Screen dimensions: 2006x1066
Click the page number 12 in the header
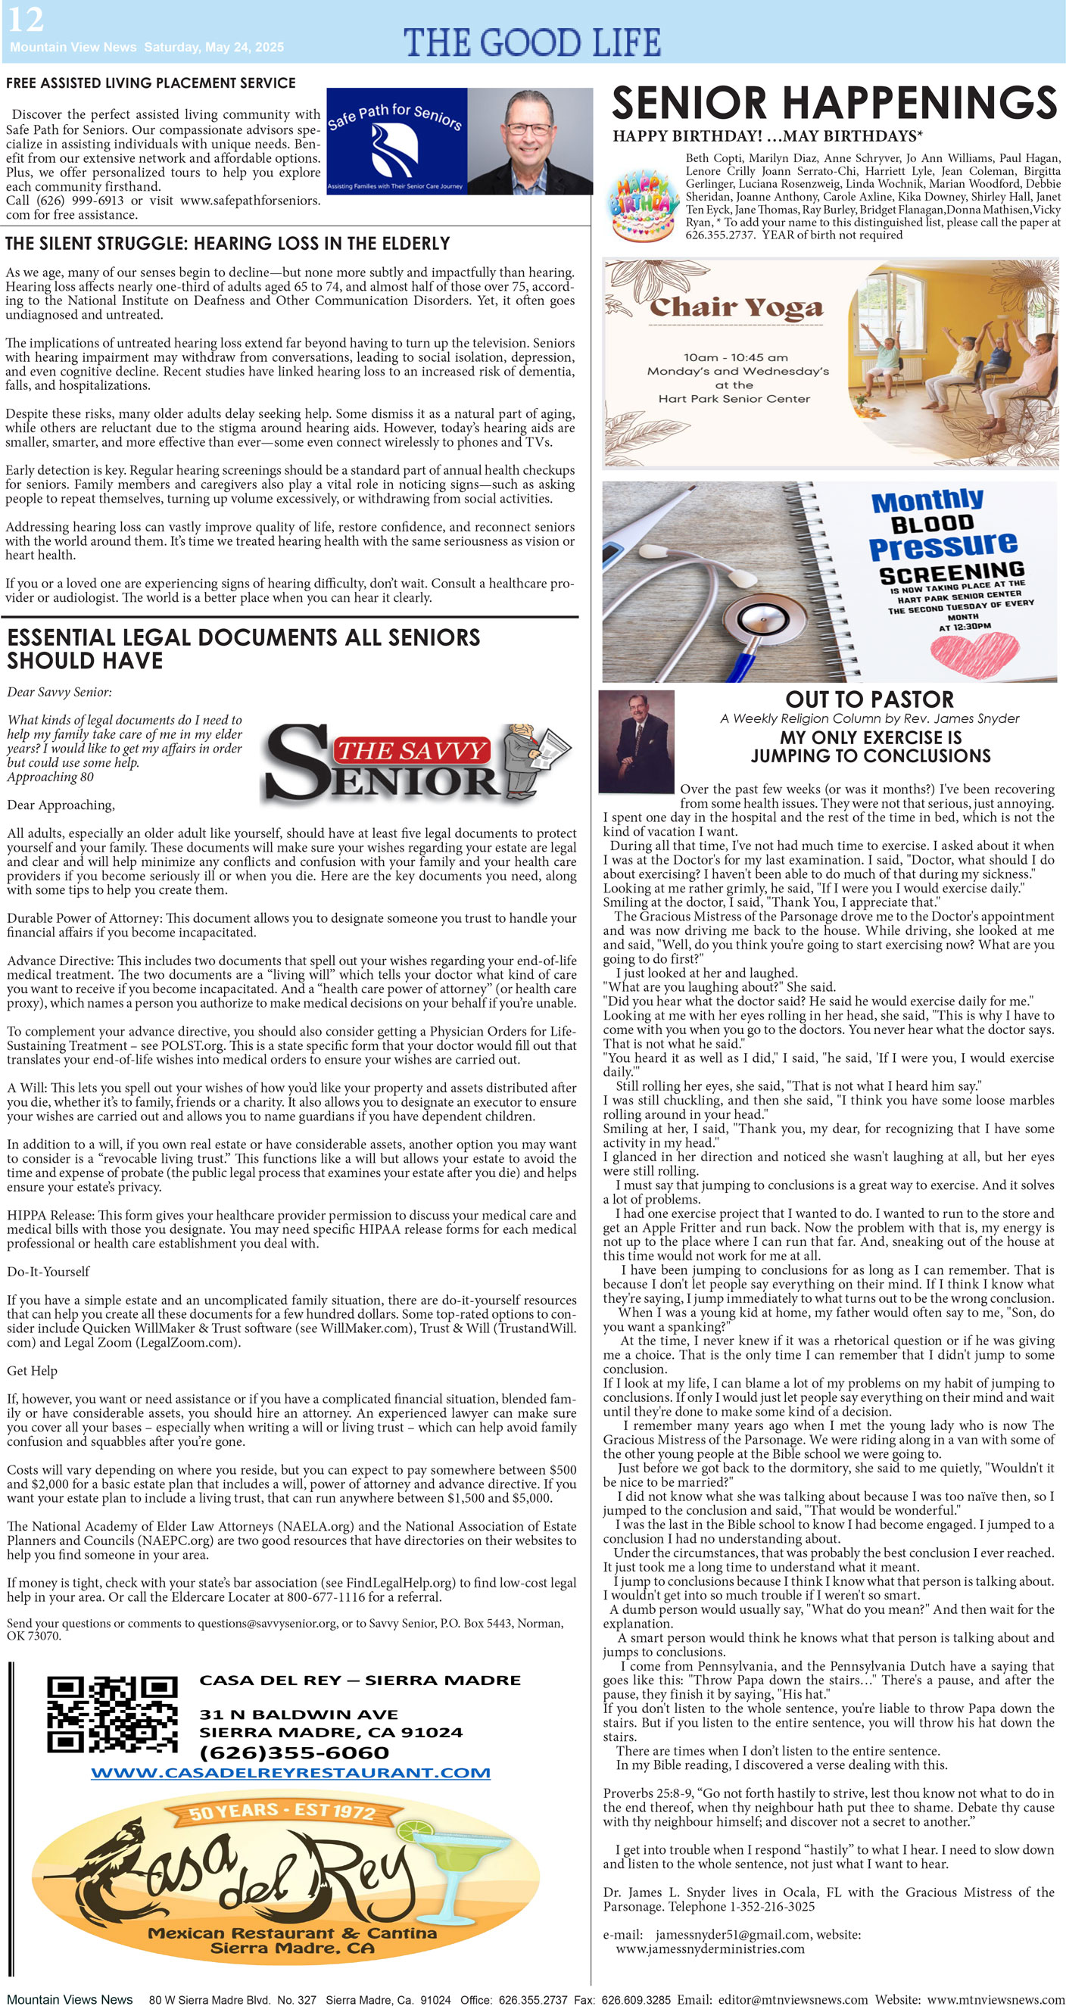pyautogui.click(x=26, y=20)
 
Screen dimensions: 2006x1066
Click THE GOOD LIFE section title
pyautogui.click(x=531, y=42)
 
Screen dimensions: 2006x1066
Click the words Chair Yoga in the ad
pyautogui.click(x=737, y=308)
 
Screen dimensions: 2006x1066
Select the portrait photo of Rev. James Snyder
pyautogui.click(x=636, y=740)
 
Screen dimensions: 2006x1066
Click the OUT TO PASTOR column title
pyautogui.click(x=869, y=699)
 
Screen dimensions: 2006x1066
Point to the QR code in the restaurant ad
pyautogui.click(x=111, y=1714)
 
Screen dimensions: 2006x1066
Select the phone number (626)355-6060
pyautogui.click(x=295, y=1752)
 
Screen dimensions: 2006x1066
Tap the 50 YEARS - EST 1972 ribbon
pyautogui.click(x=282, y=1811)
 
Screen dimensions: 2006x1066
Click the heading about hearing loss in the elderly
pyautogui.click(x=227, y=244)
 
